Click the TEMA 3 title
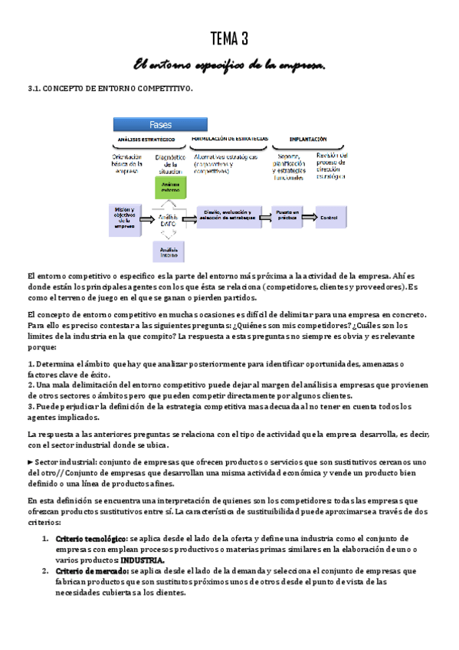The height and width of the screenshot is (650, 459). (x=229, y=39)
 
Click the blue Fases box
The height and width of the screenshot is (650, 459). (x=160, y=124)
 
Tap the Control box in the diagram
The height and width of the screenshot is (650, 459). (x=329, y=218)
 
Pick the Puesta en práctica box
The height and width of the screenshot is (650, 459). (x=288, y=215)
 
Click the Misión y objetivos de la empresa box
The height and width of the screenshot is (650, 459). (x=123, y=218)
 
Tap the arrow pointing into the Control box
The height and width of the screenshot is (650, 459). (x=310, y=218)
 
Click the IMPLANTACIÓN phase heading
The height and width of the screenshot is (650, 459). (x=308, y=140)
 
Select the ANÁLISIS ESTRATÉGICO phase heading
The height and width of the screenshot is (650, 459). (x=146, y=140)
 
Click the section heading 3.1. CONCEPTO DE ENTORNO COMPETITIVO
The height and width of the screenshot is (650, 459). (x=110, y=89)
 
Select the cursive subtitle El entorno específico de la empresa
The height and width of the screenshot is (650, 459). (x=229, y=67)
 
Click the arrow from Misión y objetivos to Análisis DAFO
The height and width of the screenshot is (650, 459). (x=146, y=218)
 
